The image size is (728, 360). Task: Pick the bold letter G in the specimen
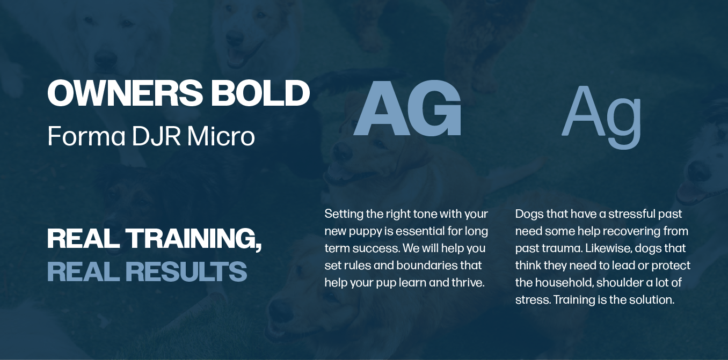(x=434, y=110)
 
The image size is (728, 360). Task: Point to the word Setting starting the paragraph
(x=344, y=214)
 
